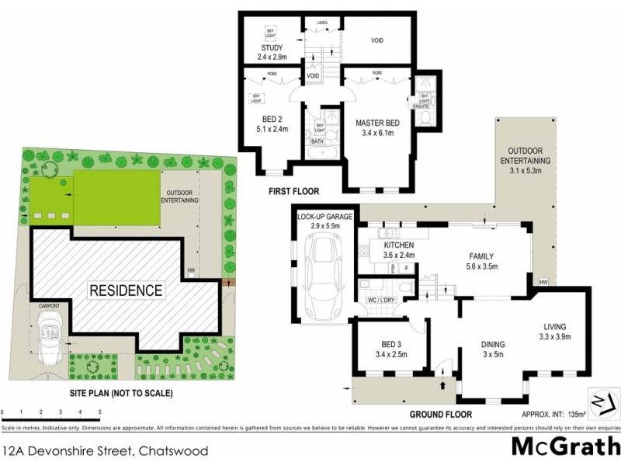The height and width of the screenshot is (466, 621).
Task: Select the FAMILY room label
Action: pos(481,256)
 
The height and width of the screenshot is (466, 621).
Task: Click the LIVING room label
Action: pos(555,326)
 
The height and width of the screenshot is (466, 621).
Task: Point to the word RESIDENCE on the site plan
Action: pos(127,291)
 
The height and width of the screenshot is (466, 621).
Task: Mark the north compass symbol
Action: pos(602,402)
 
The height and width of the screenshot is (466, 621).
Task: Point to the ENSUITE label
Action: pos(424,106)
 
